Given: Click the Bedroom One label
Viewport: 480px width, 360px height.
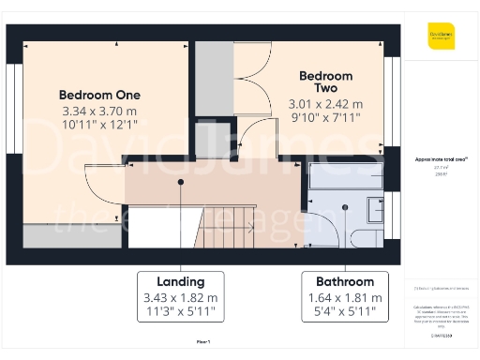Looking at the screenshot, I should (x=99, y=95).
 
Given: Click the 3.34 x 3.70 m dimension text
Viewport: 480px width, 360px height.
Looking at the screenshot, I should (x=99, y=111).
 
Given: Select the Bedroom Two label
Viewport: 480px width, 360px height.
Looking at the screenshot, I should (x=325, y=82).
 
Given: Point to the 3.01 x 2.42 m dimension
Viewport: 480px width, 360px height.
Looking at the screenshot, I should (x=325, y=104).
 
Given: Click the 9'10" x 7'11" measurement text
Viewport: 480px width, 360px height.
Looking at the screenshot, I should (x=325, y=118).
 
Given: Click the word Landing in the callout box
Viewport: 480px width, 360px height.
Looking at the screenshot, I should (x=180, y=281).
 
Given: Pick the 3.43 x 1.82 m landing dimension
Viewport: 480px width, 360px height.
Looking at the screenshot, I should (x=180, y=297).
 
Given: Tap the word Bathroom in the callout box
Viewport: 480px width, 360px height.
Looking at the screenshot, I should (x=344, y=281).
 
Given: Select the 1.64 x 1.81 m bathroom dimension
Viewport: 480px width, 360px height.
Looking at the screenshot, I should (x=344, y=297).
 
